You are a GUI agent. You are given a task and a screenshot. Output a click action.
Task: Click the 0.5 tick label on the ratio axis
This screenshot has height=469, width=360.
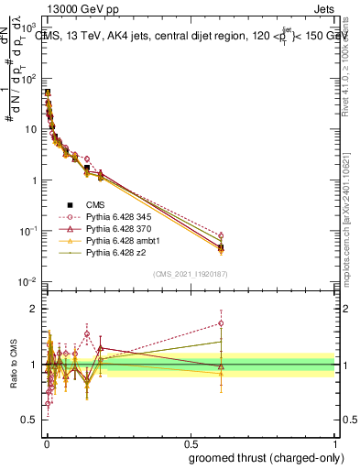29,420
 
